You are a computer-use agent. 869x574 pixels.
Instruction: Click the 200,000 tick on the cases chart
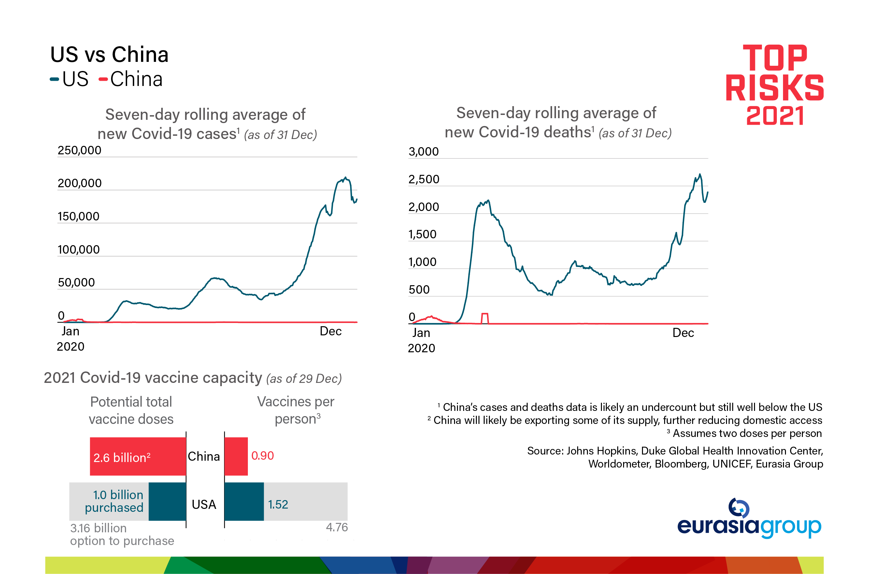click(x=79, y=183)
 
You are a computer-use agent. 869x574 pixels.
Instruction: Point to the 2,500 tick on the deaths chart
click(x=424, y=179)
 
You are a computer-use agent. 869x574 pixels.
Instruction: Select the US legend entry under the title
click(x=70, y=79)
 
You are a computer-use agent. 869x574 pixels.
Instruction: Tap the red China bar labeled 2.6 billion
click(x=138, y=456)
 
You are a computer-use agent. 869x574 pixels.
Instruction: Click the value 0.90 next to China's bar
click(x=262, y=456)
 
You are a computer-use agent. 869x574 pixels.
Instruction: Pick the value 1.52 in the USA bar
click(x=278, y=504)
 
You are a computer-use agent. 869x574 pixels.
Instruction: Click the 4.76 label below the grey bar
click(x=336, y=527)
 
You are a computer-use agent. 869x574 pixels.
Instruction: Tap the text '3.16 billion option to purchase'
click(x=121, y=535)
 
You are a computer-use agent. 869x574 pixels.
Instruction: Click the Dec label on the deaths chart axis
click(x=683, y=333)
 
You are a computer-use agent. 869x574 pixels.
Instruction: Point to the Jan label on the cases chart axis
click(x=70, y=331)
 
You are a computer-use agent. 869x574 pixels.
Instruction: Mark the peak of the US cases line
click(x=345, y=177)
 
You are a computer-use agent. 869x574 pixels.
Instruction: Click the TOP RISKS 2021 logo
click(x=775, y=85)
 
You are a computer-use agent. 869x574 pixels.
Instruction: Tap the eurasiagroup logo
click(x=749, y=519)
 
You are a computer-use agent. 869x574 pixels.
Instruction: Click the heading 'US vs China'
click(x=109, y=55)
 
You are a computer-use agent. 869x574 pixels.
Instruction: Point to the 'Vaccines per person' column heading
click(x=296, y=410)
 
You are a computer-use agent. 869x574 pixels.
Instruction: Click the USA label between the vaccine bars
click(x=204, y=504)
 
